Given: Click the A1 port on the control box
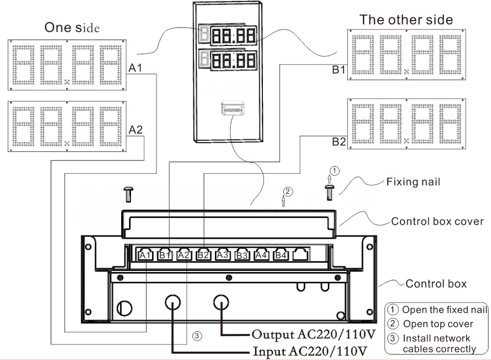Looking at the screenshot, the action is pos(146,255).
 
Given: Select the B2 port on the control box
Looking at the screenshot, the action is pos(204,255).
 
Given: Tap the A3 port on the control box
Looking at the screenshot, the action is pos(222,255).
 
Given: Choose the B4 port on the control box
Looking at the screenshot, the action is pos(281,255).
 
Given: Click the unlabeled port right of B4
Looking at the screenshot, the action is pos(300,255).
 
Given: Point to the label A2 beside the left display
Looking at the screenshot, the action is pos(136,129).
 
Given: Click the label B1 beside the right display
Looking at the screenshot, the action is pos(339,70).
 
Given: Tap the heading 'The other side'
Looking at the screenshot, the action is pos(406,20).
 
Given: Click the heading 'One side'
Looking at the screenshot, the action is pos(72,28).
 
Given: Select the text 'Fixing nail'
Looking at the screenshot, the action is pos(413,182).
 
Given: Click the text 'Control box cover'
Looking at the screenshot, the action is pos(437,221).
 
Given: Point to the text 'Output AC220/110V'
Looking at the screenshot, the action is pos(314,334).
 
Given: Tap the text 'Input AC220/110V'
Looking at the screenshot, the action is pos(310,351).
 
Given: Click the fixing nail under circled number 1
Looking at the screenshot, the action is pos(329,192).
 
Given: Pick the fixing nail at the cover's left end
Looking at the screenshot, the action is pos(128,194).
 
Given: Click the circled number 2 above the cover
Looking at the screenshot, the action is pos(288,191).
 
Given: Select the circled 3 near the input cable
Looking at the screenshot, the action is pos(196,336).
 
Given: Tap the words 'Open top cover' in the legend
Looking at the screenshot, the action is pos(438,324).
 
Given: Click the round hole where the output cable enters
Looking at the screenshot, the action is pos(221,303).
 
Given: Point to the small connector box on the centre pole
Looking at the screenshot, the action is pos(233,108).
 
